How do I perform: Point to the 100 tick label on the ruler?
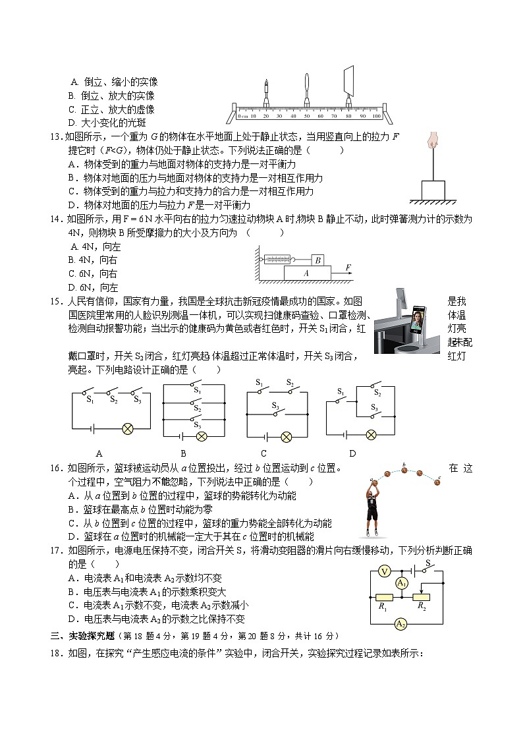coord(376,116)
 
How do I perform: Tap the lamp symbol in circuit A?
coord(128,429)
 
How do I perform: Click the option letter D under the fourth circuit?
coord(352,453)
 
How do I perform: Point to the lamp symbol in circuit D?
coord(371,434)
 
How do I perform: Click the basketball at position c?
coord(437,482)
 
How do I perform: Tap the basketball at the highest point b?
coord(404,470)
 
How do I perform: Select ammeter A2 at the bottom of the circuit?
coord(399,623)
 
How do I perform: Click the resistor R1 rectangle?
coord(383,597)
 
